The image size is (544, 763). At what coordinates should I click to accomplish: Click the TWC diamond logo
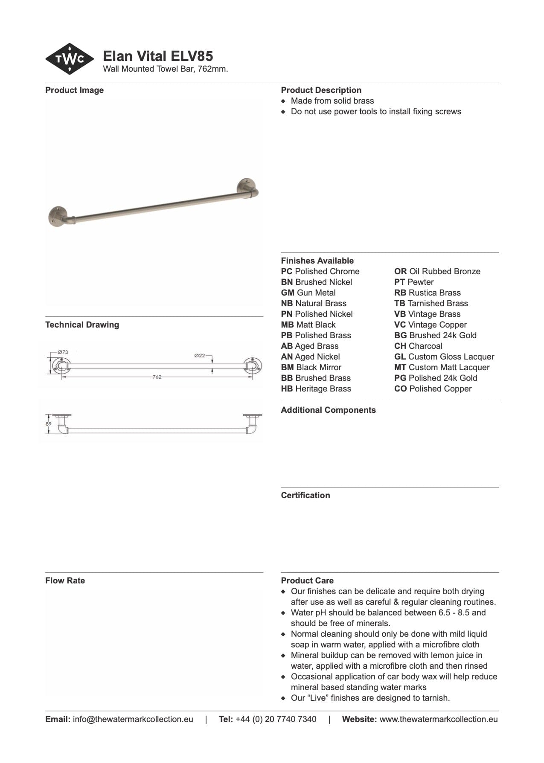pyautogui.click(x=70, y=59)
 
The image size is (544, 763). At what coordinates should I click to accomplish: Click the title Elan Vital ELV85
pyautogui.click(x=158, y=56)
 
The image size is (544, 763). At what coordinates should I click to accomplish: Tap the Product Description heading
pyautogui.click(x=321, y=90)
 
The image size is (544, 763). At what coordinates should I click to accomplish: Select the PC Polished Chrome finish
pyautogui.click(x=320, y=271)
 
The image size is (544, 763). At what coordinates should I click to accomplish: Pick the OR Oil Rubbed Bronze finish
pyautogui.click(x=437, y=271)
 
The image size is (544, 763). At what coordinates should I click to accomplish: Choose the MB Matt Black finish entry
pyautogui.click(x=308, y=325)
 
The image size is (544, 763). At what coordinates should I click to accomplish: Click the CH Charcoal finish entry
pyautogui.click(x=418, y=346)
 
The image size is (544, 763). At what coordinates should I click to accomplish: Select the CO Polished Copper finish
pyautogui.click(x=433, y=389)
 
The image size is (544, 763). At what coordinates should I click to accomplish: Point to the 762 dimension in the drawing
pyautogui.click(x=157, y=377)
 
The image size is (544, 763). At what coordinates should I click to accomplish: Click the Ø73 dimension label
pyautogui.click(x=63, y=352)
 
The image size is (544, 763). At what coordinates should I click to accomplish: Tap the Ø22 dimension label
pyautogui.click(x=200, y=355)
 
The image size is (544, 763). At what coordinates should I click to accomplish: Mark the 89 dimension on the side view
pyautogui.click(x=49, y=424)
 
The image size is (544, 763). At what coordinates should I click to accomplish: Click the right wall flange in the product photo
pyautogui.click(x=247, y=188)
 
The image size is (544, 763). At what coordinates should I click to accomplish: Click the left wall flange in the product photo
pyautogui.click(x=58, y=216)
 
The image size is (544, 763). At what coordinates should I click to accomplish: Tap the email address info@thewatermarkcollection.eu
pyautogui.click(x=133, y=719)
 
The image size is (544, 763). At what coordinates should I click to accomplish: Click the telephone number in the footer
pyautogui.click(x=276, y=719)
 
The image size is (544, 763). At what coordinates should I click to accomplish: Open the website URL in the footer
pyautogui.click(x=438, y=719)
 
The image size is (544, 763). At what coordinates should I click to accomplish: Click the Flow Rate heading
pyautogui.click(x=65, y=580)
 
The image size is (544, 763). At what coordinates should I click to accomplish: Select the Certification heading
pyautogui.click(x=305, y=495)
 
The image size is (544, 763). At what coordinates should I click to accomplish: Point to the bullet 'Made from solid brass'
pyautogui.click(x=332, y=101)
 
